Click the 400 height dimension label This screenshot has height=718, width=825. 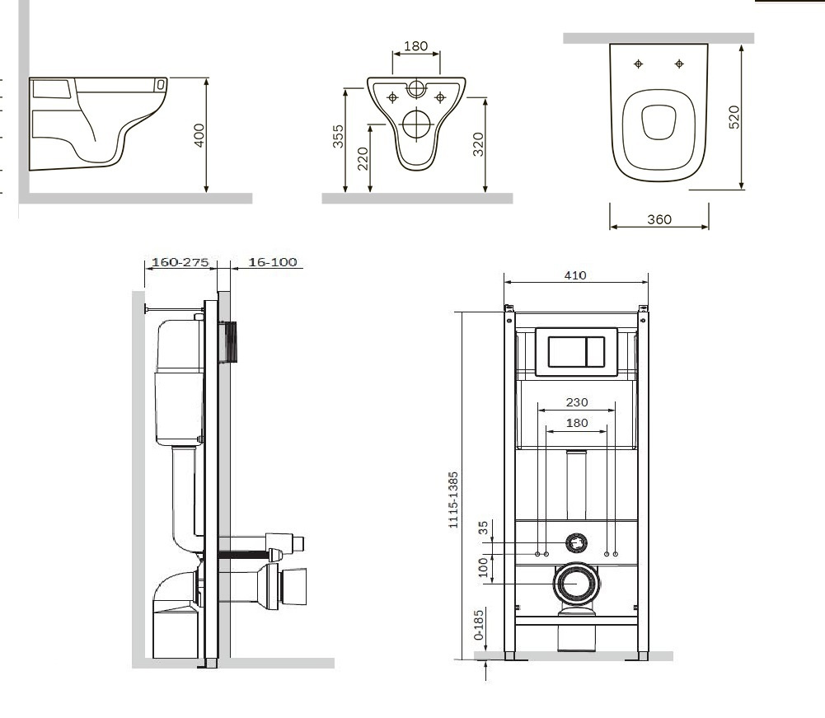(199, 135)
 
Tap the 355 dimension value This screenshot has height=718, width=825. (338, 136)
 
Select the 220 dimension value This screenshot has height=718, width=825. (363, 159)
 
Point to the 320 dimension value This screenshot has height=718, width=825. (478, 144)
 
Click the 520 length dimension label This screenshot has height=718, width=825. (734, 117)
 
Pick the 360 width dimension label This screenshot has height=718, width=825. (659, 219)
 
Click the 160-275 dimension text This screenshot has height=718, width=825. (180, 261)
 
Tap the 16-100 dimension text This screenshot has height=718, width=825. (273, 261)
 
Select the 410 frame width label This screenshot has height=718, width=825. (575, 275)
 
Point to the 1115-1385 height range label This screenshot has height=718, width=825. (453, 500)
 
